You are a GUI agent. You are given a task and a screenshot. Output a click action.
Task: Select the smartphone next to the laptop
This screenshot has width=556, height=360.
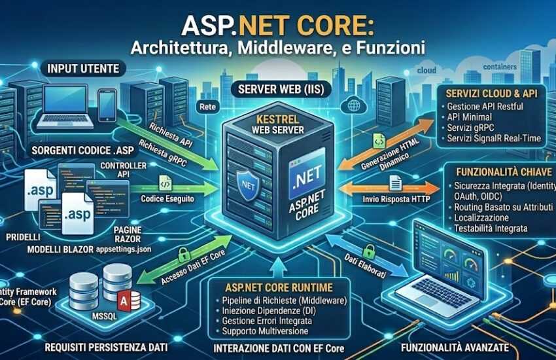[x=108, y=104]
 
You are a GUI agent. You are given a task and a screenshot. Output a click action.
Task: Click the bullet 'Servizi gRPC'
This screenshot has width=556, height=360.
[x=472, y=130]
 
